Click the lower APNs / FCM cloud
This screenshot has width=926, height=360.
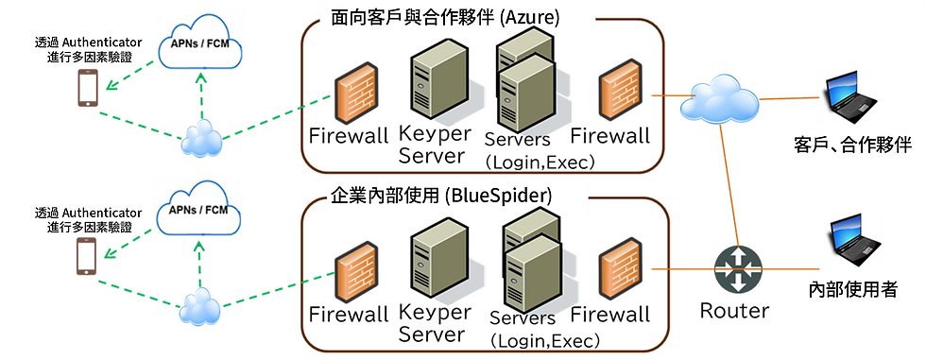click(199, 212)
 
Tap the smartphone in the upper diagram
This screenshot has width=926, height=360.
click(88, 89)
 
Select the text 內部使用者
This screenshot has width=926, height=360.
click(853, 289)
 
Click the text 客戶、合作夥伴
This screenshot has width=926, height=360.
click(852, 145)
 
